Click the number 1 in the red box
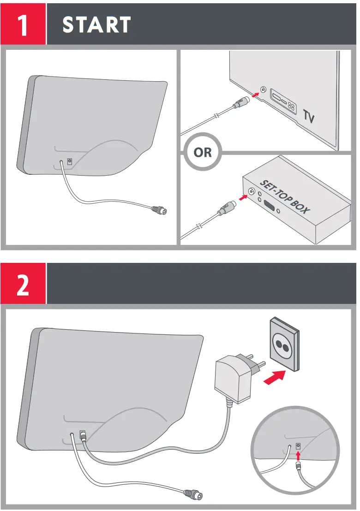23,25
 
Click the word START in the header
97,25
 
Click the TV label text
309,117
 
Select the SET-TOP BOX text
285,196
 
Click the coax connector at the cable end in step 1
159,210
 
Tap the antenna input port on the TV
263,89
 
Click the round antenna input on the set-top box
252,192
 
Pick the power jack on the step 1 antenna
70,161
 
